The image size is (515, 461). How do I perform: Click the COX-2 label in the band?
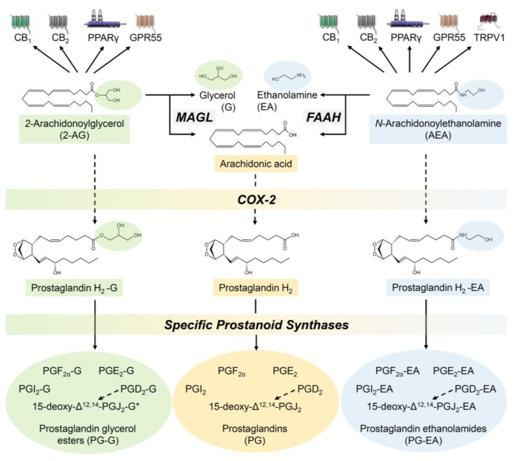[257, 199]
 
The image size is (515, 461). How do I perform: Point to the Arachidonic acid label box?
[257, 165]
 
